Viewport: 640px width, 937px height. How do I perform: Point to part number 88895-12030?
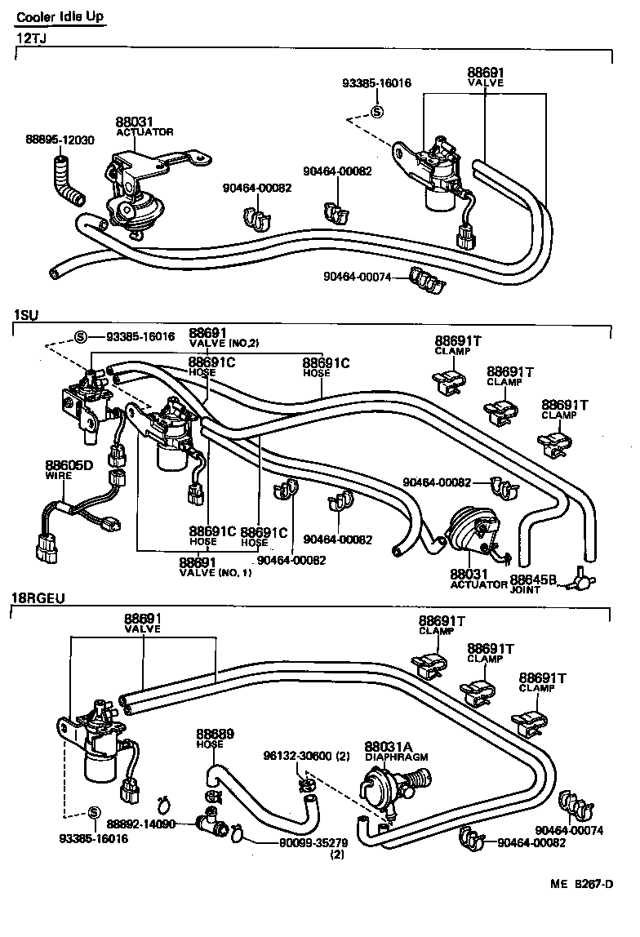[x=59, y=140]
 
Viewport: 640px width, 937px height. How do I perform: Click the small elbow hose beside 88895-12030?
[x=64, y=182]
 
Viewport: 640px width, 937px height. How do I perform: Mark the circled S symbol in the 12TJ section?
[x=376, y=113]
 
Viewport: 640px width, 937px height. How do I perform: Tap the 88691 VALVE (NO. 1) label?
[x=210, y=566]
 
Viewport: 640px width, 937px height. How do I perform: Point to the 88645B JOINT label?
[x=532, y=584]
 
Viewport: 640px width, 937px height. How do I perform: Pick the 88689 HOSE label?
[x=215, y=738]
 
